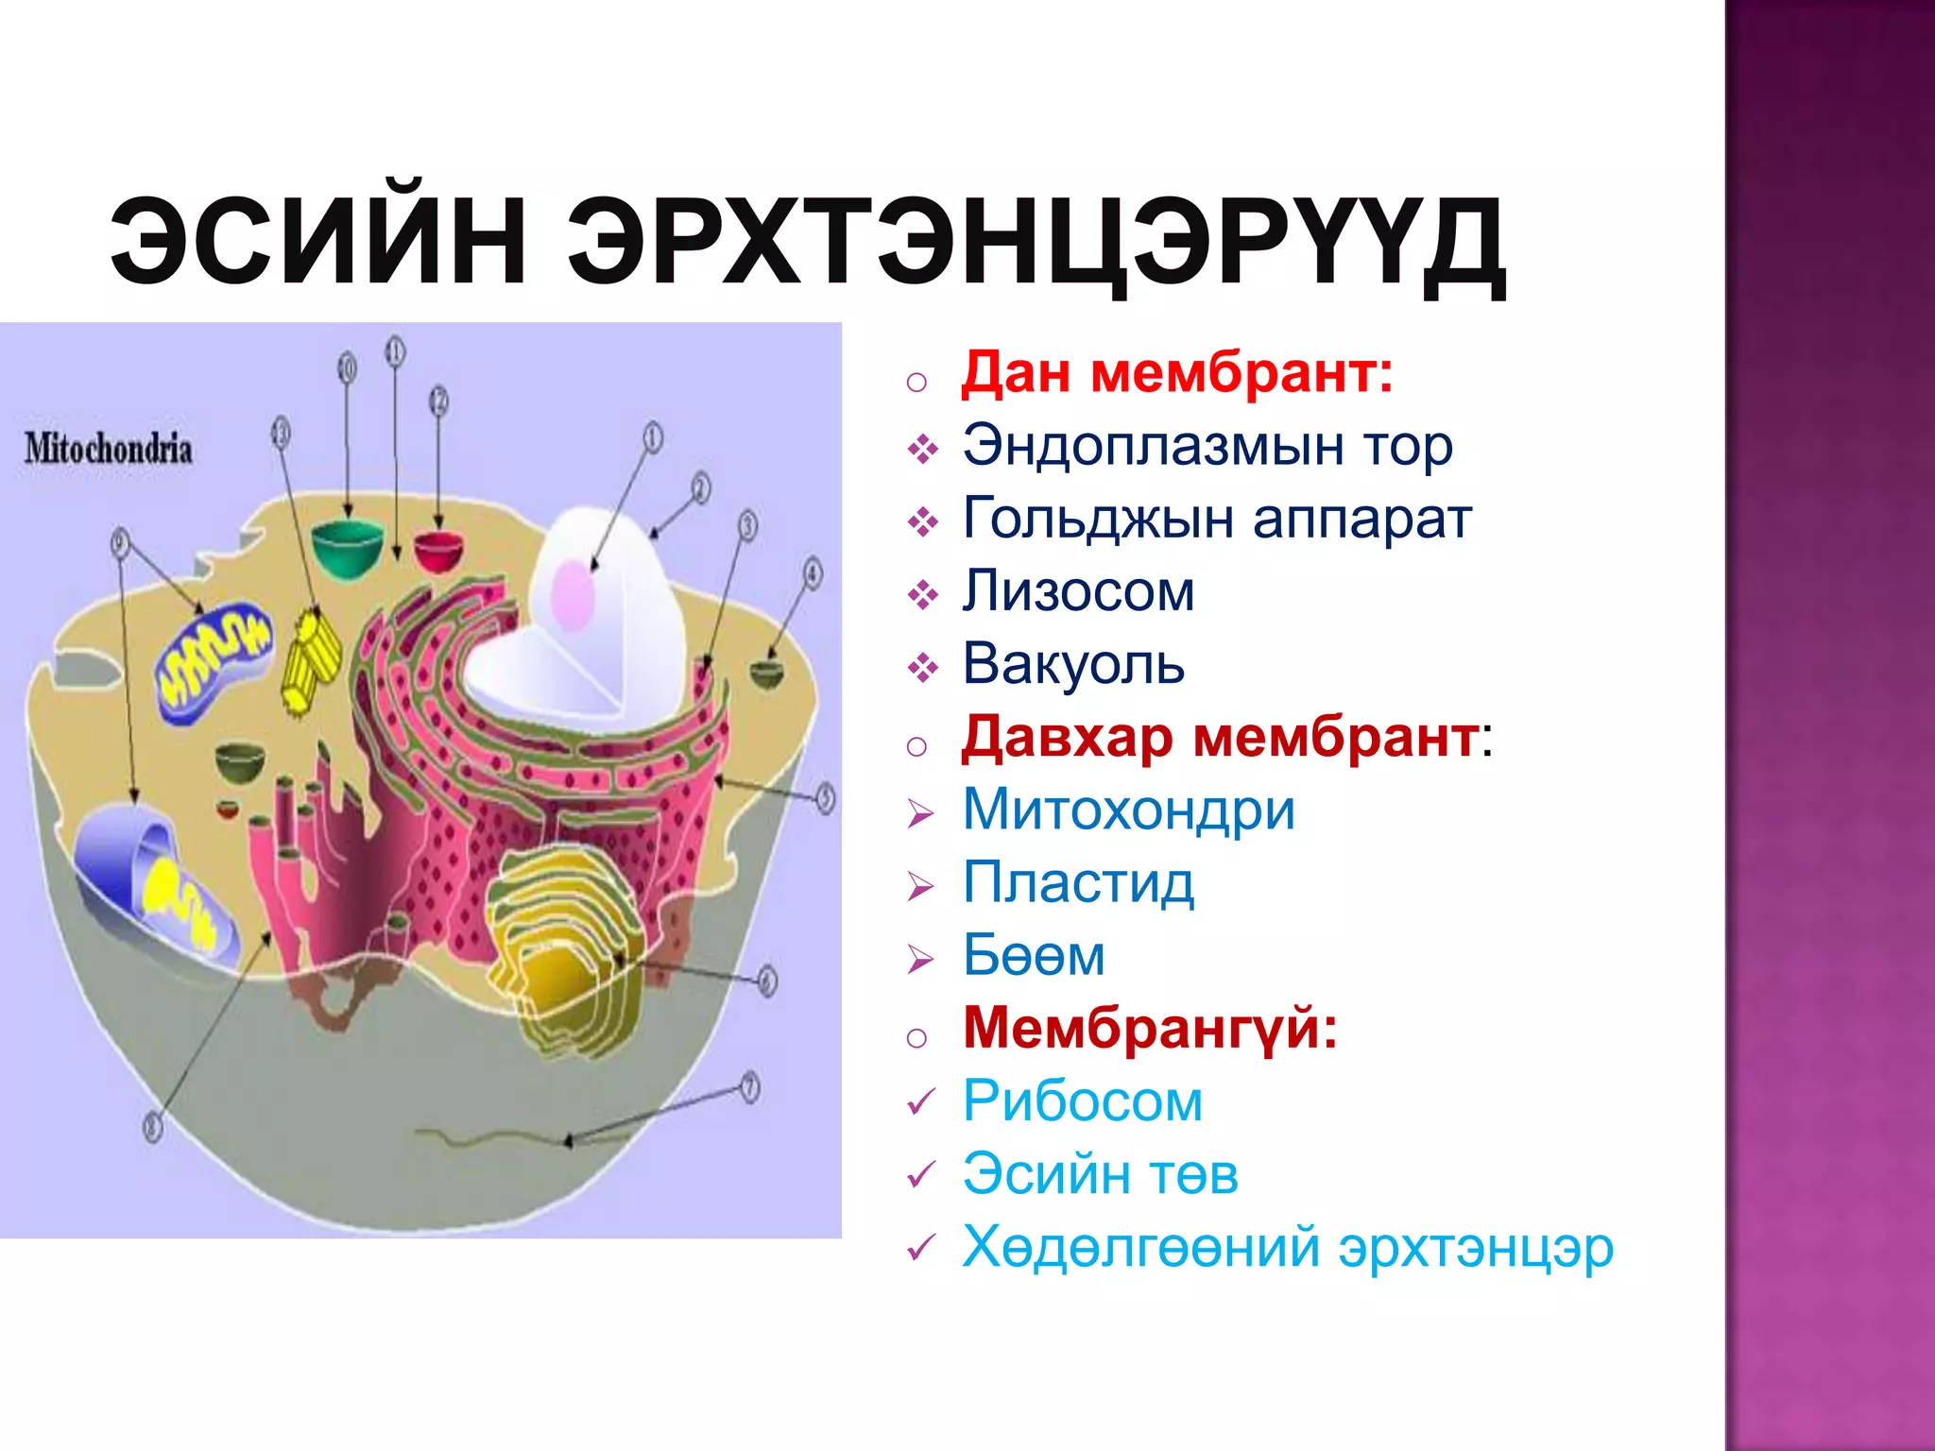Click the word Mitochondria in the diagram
click(109, 449)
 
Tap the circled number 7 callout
click(749, 1087)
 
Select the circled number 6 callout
click(767, 981)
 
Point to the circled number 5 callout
click(825, 798)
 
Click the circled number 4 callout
click(813, 573)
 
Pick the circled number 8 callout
click(153, 1126)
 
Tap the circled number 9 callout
click(119, 542)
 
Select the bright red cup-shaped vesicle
click(438, 551)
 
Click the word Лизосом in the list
click(1078, 591)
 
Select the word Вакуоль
click(1073, 664)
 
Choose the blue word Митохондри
click(1128, 810)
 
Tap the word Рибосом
click(1083, 1101)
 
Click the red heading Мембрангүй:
click(1150, 1028)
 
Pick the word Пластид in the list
click(1078, 883)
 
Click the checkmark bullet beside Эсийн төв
click(920, 1175)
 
